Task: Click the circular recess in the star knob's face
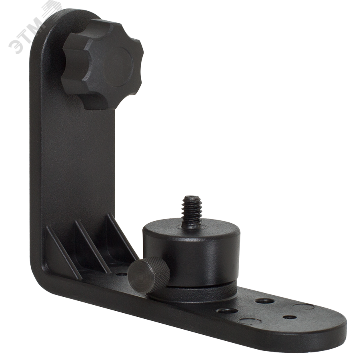pos(118,67)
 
